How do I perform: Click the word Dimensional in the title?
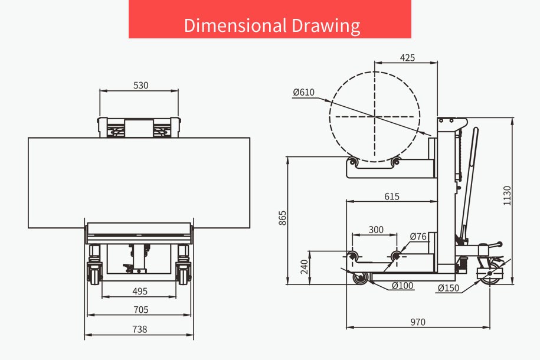point(235,25)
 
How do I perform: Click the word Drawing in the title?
point(326,26)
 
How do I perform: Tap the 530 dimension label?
point(141,86)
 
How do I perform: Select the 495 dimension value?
point(140,292)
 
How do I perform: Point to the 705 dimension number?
point(141,310)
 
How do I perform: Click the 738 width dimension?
point(139,329)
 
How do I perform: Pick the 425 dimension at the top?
point(407,58)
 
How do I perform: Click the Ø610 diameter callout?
point(304,92)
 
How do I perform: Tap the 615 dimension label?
point(392,197)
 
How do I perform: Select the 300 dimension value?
point(376,230)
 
